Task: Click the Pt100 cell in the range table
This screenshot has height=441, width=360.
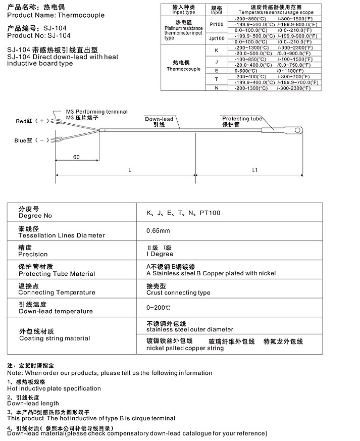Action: coord(216,24)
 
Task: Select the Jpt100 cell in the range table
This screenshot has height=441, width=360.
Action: coord(216,38)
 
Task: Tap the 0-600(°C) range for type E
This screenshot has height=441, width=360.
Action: coord(244,70)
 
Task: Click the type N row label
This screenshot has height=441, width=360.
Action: coord(216,88)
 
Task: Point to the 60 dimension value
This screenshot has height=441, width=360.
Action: coord(76,157)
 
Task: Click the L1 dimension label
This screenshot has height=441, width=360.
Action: coord(254,171)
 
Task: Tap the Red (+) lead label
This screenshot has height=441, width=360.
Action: coord(31,121)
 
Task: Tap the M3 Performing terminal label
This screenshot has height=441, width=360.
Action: coord(96,112)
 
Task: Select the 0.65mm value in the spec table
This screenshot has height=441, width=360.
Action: coord(158,231)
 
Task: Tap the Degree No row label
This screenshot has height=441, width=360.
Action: coord(35,216)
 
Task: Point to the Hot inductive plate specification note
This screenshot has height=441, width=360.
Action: coord(54,388)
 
